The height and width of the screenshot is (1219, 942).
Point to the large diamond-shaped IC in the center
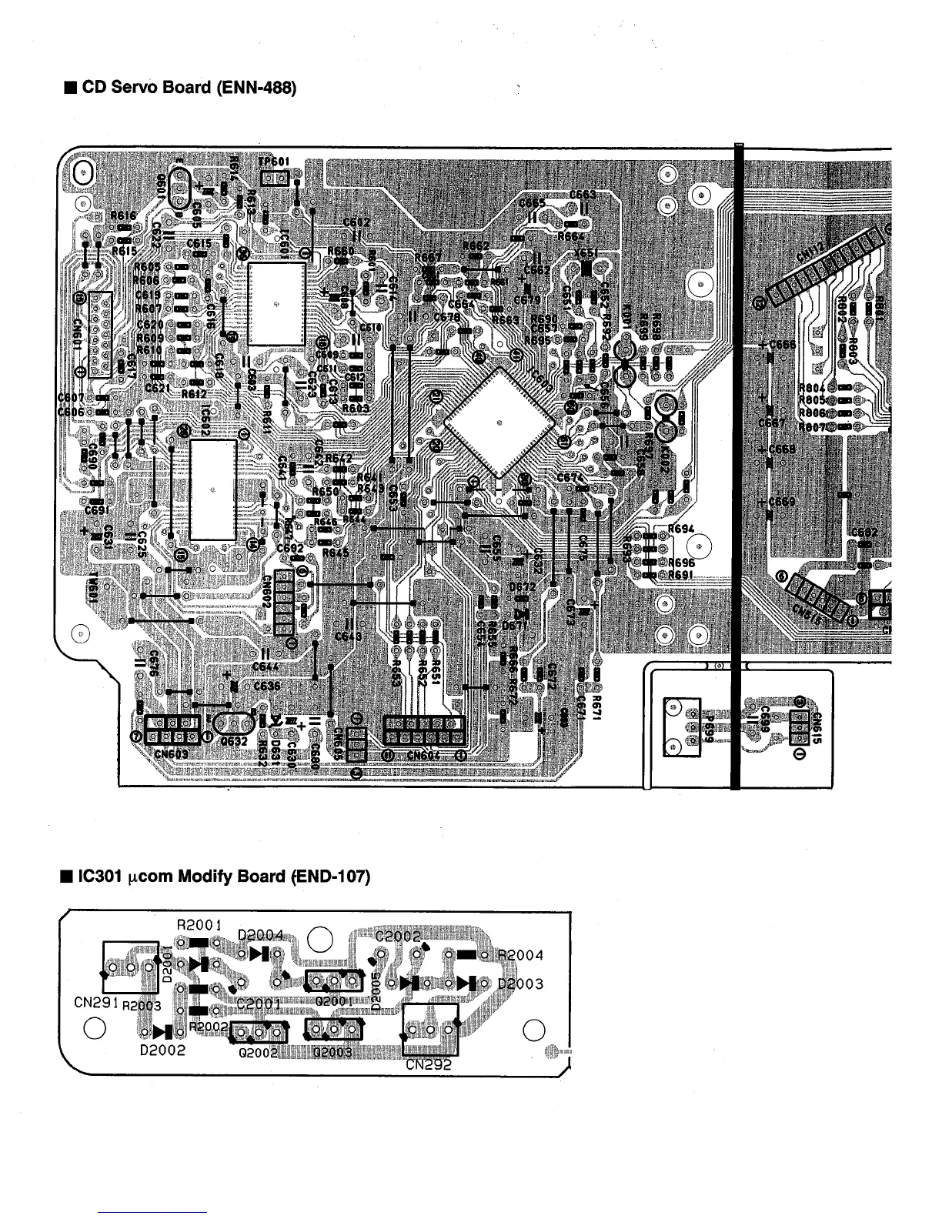click(499, 422)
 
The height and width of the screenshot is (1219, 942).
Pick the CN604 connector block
click(424, 730)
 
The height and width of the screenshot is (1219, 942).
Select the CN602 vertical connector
click(284, 603)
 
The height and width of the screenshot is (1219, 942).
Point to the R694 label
click(681, 529)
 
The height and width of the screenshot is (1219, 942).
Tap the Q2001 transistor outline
click(334, 981)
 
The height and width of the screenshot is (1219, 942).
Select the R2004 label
click(521, 956)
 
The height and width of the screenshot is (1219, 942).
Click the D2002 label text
click(162, 1050)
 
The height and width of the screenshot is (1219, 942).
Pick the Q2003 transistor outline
click(334, 1030)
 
